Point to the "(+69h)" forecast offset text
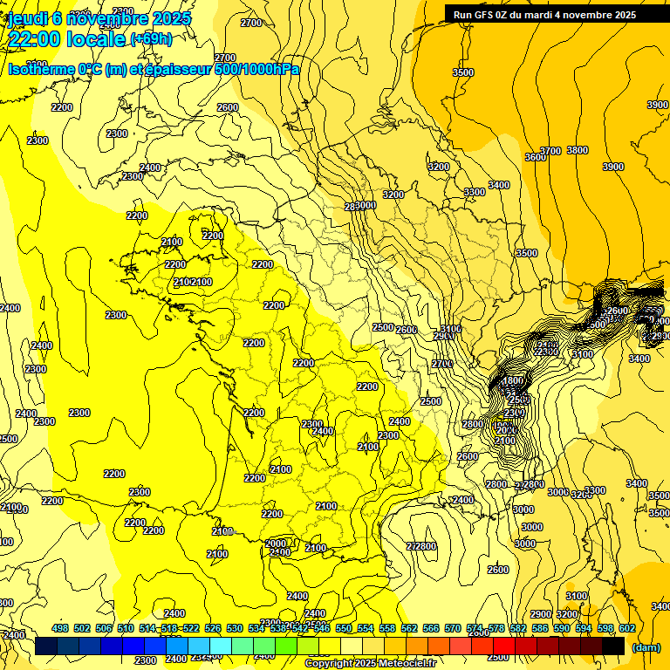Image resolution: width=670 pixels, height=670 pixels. (151, 38)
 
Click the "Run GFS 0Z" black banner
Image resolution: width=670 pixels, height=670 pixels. (544, 14)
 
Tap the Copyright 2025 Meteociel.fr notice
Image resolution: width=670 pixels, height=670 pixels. (370, 664)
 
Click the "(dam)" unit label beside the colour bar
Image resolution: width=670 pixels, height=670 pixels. (646, 647)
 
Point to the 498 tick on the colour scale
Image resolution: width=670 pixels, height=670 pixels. (60, 628)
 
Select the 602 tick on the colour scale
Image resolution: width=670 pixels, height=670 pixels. (627, 628)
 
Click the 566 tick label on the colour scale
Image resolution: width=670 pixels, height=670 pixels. (431, 628)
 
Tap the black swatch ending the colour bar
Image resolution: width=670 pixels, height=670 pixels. (613, 646)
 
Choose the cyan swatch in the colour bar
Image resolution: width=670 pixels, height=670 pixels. (221, 646)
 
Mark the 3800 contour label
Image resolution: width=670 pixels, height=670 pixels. (578, 150)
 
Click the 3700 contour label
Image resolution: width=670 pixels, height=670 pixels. (550, 151)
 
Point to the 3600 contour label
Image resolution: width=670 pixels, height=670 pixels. (535, 157)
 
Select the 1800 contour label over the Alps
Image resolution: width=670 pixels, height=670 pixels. (513, 381)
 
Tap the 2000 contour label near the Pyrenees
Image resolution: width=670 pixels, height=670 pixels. (275, 543)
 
